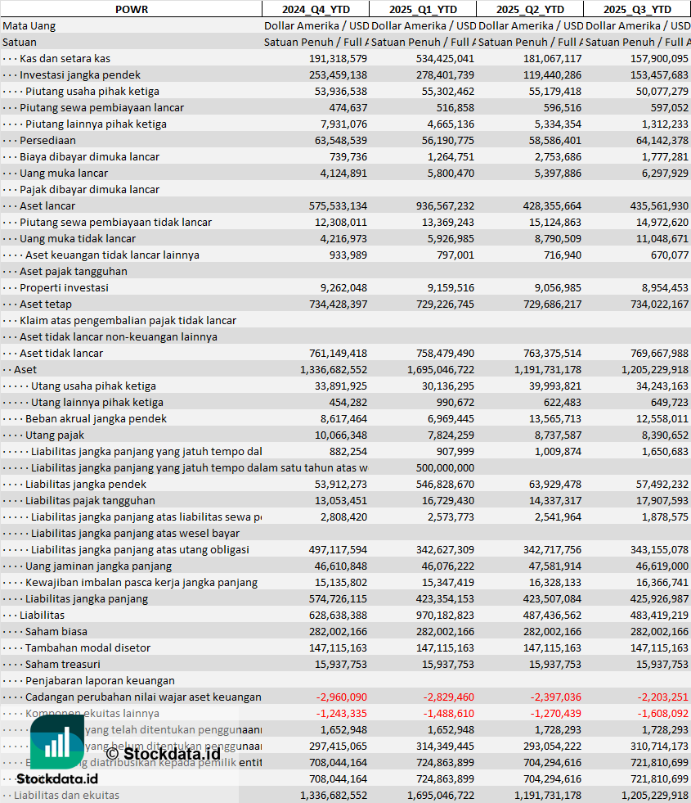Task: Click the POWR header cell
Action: (x=131, y=9)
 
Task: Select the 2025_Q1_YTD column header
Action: (x=422, y=9)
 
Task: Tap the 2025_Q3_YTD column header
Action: (x=637, y=9)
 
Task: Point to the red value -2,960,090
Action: (x=341, y=697)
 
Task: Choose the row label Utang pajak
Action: (x=55, y=435)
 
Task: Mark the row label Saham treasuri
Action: (x=63, y=664)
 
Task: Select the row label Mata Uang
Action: (x=29, y=25)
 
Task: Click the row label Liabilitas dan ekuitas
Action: (x=66, y=795)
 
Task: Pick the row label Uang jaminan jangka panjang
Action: (x=96, y=566)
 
